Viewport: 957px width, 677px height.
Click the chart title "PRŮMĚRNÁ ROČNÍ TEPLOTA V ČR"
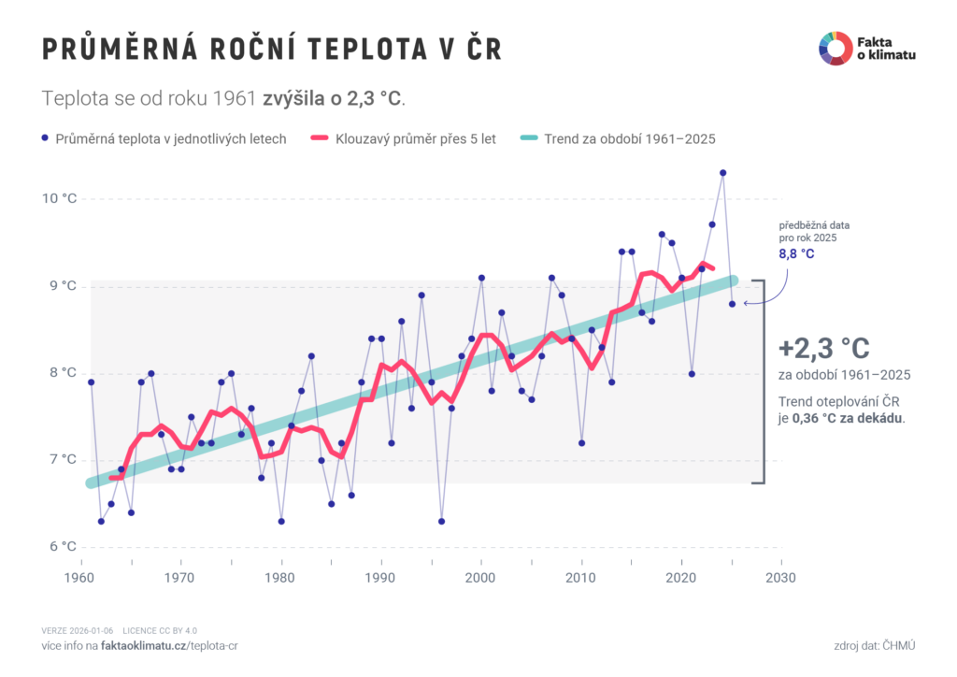click(x=272, y=50)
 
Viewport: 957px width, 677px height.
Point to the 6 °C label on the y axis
click(x=59, y=546)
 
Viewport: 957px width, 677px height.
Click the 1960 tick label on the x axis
click(x=81, y=577)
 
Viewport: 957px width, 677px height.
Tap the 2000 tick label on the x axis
click(x=481, y=577)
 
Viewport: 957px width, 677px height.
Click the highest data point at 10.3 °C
click(x=722, y=173)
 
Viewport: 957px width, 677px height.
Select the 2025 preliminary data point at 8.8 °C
click(x=733, y=303)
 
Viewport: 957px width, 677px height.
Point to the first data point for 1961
click(x=92, y=382)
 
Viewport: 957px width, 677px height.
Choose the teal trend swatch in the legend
click(x=529, y=138)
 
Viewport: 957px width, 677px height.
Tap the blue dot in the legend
click(x=45, y=138)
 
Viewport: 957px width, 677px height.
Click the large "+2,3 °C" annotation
click(x=823, y=349)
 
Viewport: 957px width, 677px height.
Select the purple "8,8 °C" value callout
click(x=796, y=253)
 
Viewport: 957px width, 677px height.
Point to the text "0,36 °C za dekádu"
click(x=848, y=418)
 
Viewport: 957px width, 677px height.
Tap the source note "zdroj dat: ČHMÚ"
click(x=875, y=646)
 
